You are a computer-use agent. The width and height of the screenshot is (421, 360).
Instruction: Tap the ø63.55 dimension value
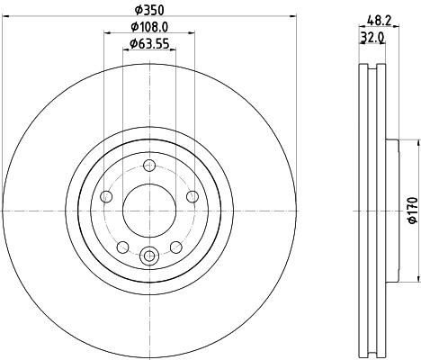[148, 43]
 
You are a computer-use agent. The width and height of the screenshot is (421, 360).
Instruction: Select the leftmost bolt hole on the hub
[107, 197]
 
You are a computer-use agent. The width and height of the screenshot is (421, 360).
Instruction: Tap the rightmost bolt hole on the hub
[191, 197]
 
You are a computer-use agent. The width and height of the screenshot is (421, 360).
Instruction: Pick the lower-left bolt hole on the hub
[123, 247]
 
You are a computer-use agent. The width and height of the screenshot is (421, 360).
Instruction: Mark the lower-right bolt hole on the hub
[175, 247]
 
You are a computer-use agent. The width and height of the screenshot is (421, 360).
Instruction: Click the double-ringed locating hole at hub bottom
[149, 255]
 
